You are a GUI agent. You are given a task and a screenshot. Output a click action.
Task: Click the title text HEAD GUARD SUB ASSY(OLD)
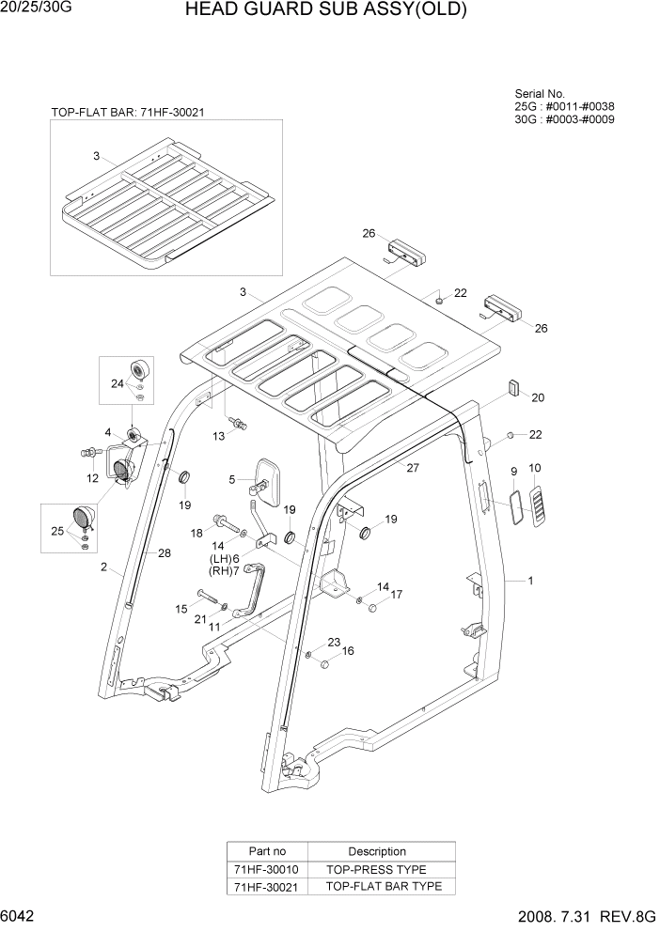[325, 11]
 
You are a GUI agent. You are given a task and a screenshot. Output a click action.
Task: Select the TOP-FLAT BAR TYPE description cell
[376, 886]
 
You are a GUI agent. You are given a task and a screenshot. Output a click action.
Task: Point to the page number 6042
[20, 916]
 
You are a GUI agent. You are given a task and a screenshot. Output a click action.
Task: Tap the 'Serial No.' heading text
[540, 94]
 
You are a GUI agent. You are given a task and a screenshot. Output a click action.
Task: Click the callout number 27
[411, 467]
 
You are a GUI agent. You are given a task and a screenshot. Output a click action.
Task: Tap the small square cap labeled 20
[513, 386]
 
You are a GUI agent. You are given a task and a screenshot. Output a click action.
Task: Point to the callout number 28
[164, 553]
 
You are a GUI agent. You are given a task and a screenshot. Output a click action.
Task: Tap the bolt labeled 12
[90, 453]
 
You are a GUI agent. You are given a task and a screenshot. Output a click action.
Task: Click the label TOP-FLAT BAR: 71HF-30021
[128, 112]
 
